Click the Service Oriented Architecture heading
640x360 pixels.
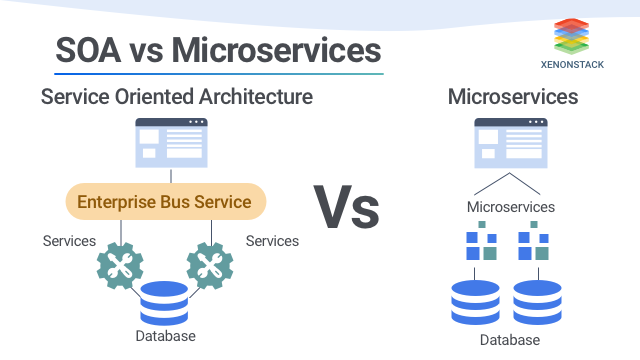[176, 97]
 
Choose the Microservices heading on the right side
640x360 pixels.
[512, 97]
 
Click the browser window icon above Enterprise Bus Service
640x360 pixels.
[171, 142]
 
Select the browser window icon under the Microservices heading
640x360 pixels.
[510, 142]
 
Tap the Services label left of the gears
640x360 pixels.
[69, 241]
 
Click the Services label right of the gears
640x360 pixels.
[272, 241]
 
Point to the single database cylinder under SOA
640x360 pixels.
[165, 303]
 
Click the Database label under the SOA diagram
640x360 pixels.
[165, 336]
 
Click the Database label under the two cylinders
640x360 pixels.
[510, 341]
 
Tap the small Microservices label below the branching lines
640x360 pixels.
[510, 207]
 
